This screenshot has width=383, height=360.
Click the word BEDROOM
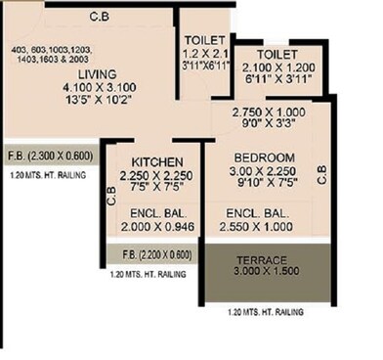pos(259,157)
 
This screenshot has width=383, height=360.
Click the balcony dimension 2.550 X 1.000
pos(257,224)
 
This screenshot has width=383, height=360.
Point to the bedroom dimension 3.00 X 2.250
pos(260,169)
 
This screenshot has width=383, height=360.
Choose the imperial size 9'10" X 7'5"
pos(260,182)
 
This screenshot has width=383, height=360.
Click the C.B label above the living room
pos(99,16)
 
